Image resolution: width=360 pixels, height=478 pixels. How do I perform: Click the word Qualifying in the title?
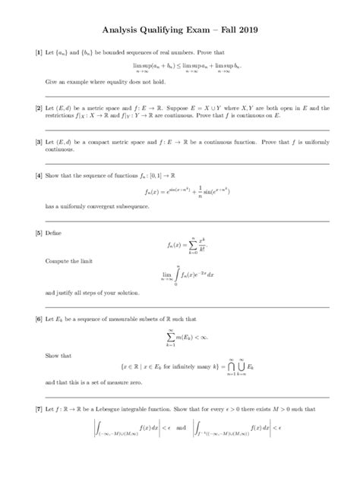(x=169, y=30)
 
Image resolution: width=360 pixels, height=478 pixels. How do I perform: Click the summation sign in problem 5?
(x=194, y=245)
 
